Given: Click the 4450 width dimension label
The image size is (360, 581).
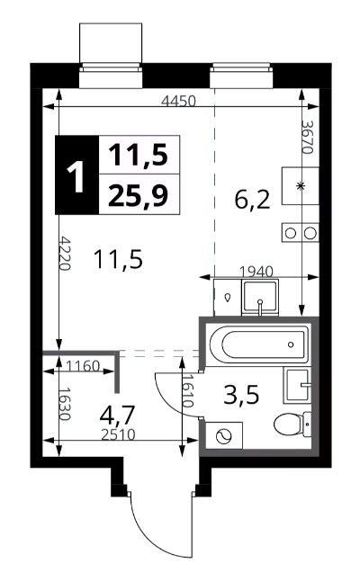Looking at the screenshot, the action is pyautogui.click(x=178, y=101).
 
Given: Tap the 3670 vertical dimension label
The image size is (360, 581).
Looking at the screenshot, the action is pyautogui.click(x=308, y=137).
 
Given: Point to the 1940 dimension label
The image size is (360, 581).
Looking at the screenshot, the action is pyautogui.click(x=256, y=272).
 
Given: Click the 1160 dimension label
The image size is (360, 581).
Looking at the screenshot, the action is pyautogui.click(x=83, y=366).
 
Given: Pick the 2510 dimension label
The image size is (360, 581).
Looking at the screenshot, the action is pyautogui.click(x=118, y=434).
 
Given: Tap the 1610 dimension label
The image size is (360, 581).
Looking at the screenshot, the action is pyautogui.click(x=188, y=390).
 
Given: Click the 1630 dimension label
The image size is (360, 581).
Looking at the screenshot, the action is pyautogui.click(x=66, y=404).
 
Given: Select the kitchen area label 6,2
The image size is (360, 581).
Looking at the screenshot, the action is pyautogui.click(x=252, y=200).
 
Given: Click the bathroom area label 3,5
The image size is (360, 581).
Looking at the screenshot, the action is pyautogui.click(x=241, y=395).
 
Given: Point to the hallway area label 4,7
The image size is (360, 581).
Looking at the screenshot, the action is pyautogui.click(x=117, y=415).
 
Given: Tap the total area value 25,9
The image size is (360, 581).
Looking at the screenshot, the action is pyautogui.click(x=139, y=195).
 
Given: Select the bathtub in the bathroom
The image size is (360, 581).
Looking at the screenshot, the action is pyautogui.click(x=259, y=344).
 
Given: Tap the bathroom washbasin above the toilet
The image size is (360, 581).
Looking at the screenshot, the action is pyautogui.click(x=297, y=385).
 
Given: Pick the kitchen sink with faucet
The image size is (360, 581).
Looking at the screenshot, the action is pyautogui.click(x=260, y=298).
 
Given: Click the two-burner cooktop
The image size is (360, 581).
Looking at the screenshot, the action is pyautogui.click(x=301, y=233).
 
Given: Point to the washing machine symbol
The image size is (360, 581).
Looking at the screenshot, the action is pyautogui.click(x=224, y=435).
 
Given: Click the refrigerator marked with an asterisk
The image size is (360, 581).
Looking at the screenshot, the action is pyautogui.click(x=301, y=186).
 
